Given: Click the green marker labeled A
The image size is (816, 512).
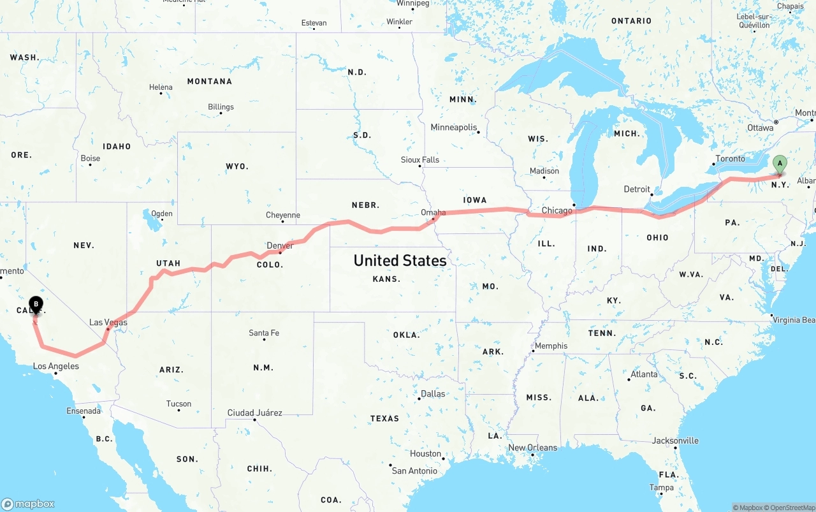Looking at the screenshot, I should click(x=779, y=165).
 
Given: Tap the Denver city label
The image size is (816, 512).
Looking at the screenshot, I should click(x=280, y=245).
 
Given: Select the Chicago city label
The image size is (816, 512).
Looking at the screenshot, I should click(x=557, y=210).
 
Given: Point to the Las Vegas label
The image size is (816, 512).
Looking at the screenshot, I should click(x=108, y=322).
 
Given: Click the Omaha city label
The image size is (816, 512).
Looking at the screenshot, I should click(x=433, y=212).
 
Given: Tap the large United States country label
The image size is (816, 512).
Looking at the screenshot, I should click(x=400, y=260).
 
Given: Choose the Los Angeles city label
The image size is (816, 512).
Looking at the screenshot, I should click(x=56, y=366).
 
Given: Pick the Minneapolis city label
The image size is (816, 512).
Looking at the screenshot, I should click(x=453, y=128).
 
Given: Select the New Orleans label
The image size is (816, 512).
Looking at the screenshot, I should click(x=532, y=448).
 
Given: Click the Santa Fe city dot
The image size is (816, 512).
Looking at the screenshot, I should click(x=264, y=339).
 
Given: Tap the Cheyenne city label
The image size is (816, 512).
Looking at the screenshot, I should click(x=282, y=216).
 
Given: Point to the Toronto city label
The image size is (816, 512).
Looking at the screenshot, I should click(x=730, y=159).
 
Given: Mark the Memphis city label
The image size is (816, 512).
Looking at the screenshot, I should click(x=551, y=346).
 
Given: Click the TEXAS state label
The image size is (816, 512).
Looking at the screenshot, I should click(x=384, y=418).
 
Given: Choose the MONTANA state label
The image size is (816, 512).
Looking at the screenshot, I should click(x=209, y=81).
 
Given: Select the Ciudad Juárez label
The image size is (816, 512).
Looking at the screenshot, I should click(x=254, y=413).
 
